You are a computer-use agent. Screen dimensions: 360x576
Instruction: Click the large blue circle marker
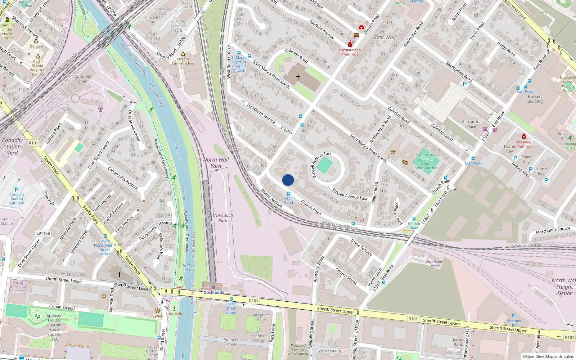pos(288,180)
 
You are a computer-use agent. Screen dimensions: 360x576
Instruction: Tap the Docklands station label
pos(213,292)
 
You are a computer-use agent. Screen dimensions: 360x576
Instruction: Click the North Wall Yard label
pos(216,163)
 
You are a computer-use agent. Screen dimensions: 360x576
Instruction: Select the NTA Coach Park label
pos(222,218)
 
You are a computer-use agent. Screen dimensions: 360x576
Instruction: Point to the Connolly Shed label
pos(82,79)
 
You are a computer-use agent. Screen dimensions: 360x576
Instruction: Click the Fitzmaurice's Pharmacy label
pos(350,52)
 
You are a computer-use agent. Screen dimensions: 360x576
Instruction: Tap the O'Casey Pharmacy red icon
pos(523,136)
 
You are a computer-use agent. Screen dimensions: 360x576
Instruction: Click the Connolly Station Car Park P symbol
pos(16,190)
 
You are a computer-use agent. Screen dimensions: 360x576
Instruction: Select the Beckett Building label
pos(535,99)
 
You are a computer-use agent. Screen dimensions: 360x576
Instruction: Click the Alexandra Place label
pos(471,124)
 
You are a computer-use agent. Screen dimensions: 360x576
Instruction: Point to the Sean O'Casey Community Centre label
pos(426,162)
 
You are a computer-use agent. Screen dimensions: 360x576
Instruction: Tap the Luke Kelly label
pos(174,314)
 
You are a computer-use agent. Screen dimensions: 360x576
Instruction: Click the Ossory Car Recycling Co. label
pos(183,63)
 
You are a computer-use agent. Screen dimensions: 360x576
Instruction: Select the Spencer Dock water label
pos(189,267)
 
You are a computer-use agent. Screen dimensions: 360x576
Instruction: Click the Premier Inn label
pos(514,323)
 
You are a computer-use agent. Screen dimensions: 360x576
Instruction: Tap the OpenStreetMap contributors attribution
pos(548,356)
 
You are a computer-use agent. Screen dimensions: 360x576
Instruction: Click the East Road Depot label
pos(434,264)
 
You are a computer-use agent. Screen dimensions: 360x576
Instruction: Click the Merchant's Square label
pos(553,230)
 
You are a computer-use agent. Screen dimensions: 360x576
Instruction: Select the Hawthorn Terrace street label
pos(261,113)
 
